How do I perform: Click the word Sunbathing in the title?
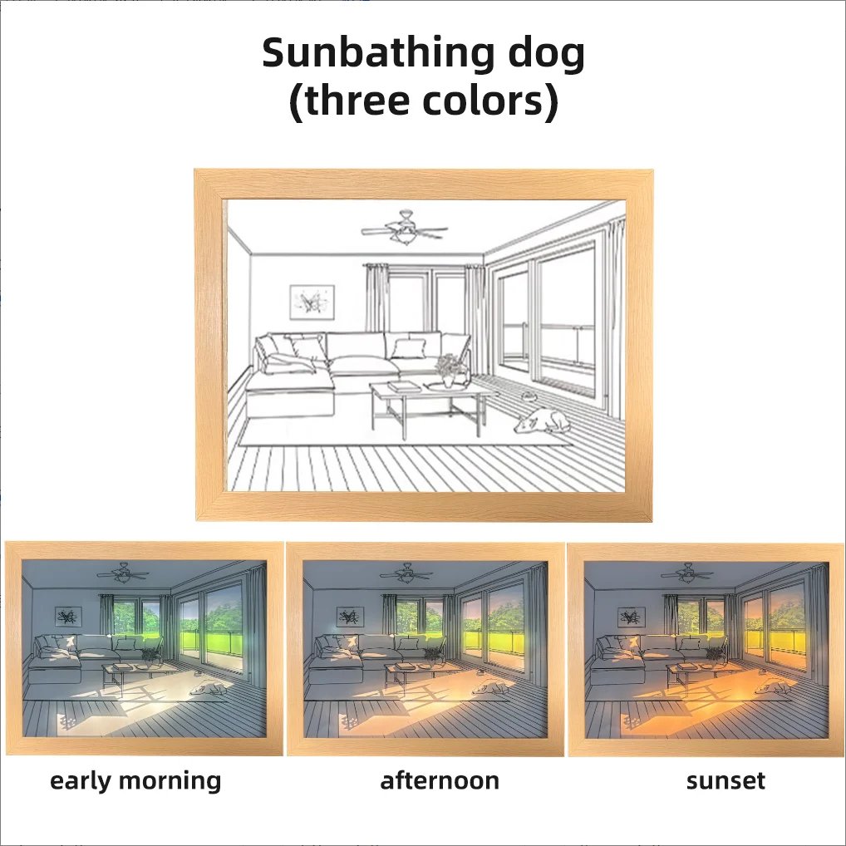pos(377,54)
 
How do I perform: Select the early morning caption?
pos(135,781)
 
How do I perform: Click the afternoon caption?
pos(440,780)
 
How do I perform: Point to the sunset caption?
pos(725,781)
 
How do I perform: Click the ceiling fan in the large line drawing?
pos(405,228)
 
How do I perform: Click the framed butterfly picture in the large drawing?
pos(312,302)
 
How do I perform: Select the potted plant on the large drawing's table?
pos(449,371)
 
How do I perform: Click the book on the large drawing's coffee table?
pos(404,386)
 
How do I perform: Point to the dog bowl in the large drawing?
pos(529,397)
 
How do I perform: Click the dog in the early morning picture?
pos(210,688)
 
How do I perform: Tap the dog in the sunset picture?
pos(773,688)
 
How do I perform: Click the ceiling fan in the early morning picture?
pos(124,573)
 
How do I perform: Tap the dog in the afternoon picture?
pos(492,688)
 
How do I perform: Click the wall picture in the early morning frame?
pos(68,616)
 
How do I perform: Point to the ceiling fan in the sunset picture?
pos(687,573)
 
